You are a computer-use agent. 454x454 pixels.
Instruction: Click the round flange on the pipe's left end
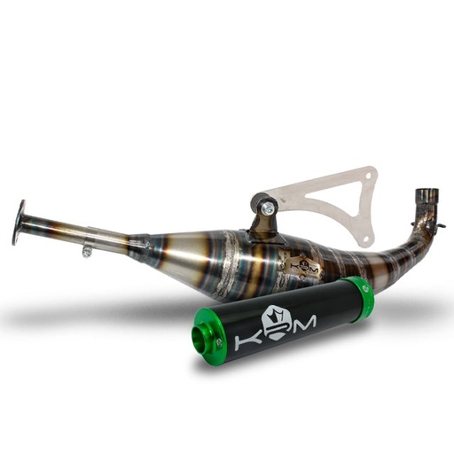pyautogui.click(x=20, y=223)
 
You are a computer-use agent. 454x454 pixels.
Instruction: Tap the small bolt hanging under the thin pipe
pyautogui.click(x=87, y=252)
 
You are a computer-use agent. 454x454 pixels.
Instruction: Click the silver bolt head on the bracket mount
pyautogui.click(x=267, y=208)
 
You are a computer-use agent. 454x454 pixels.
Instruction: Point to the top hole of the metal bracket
pyautogui.click(x=371, y=173)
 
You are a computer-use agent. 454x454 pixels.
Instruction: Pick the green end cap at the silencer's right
pyautogui.click(x=359, y=297)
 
